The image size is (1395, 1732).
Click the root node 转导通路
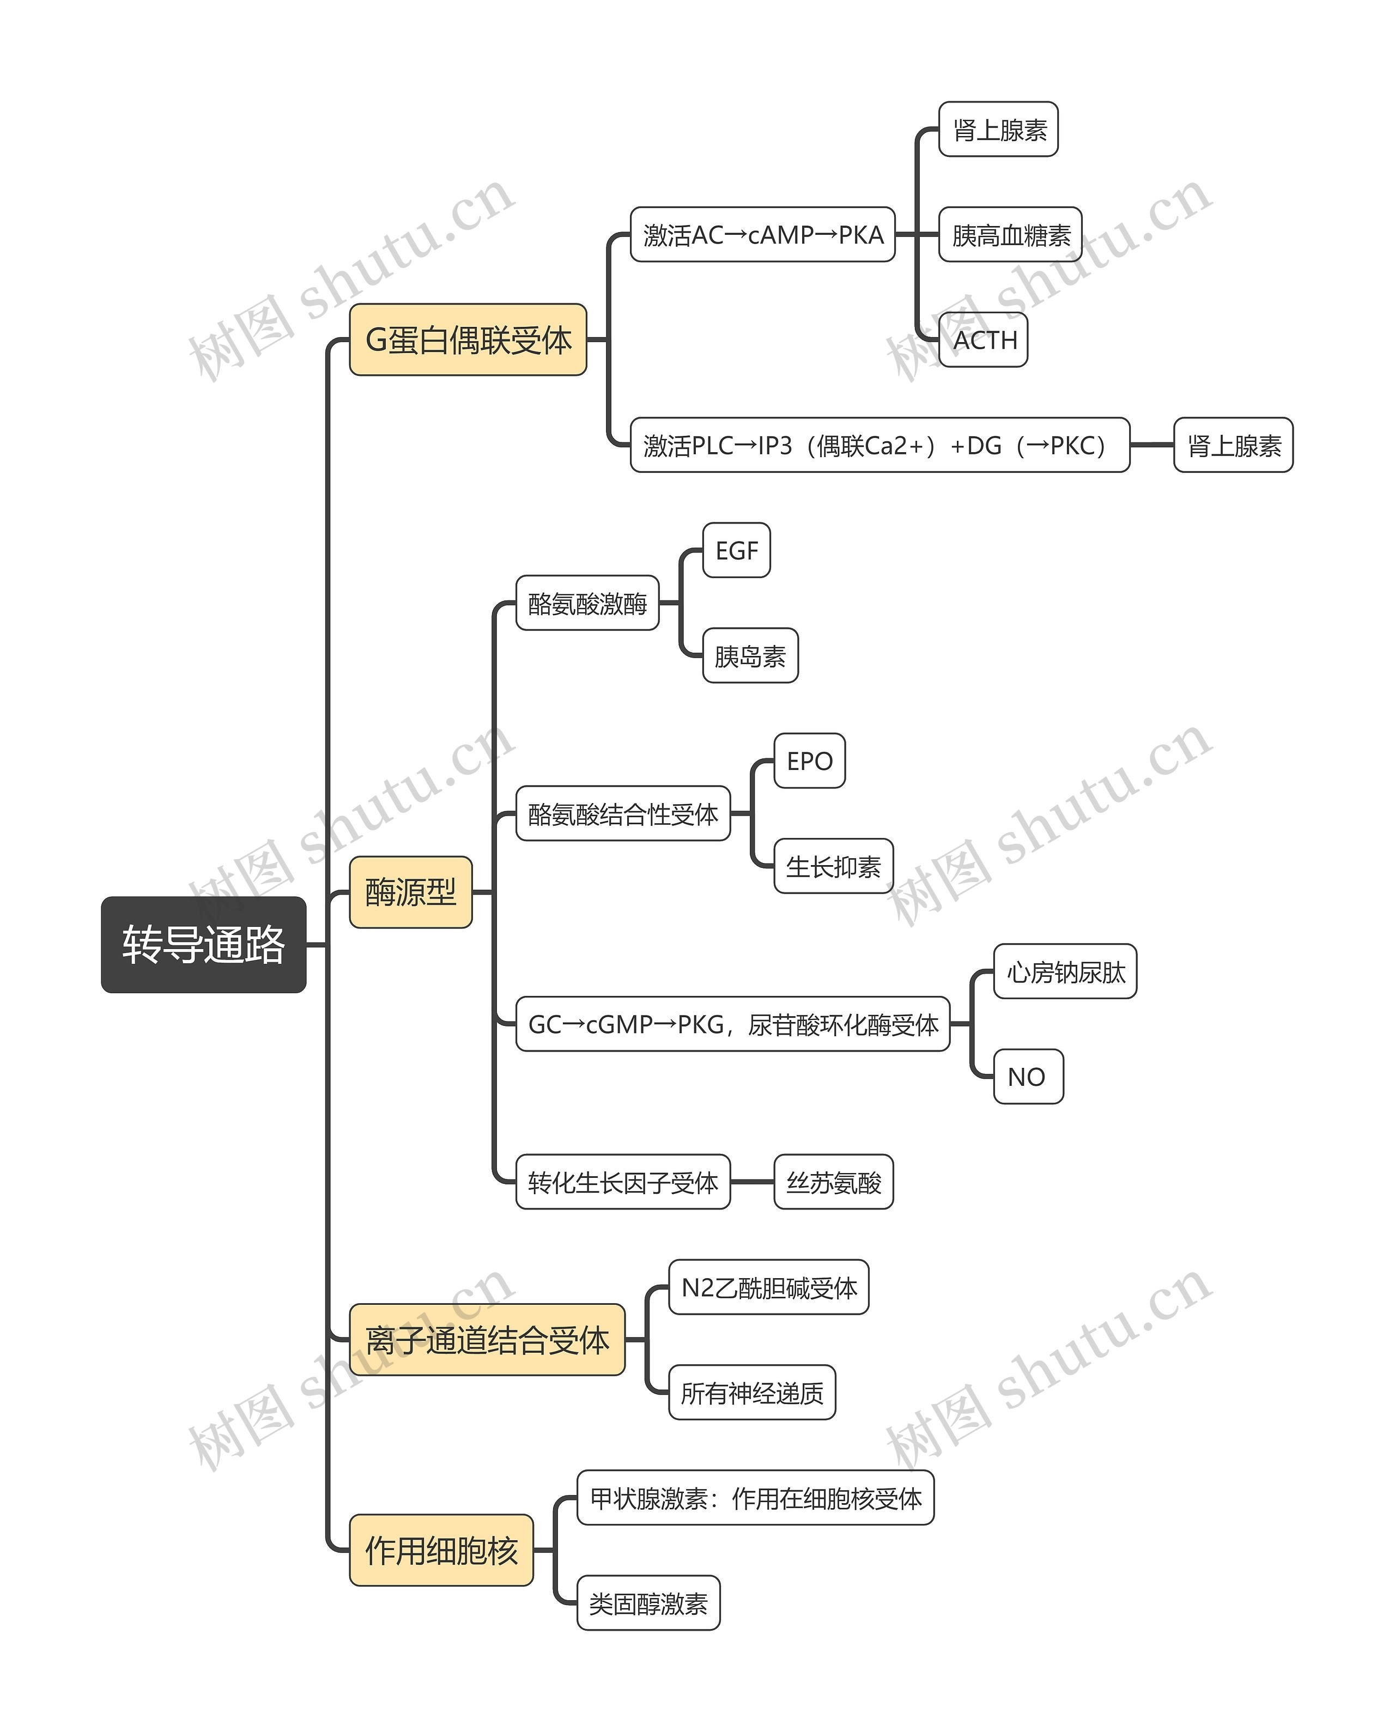(x=203, y=945)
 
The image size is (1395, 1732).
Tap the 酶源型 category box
(x=411, y=892)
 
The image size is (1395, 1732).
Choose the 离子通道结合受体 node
(x=487, y=1340)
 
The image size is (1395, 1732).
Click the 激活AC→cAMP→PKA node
(x=762, y=235)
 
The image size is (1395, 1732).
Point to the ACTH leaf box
(x=984, y=340)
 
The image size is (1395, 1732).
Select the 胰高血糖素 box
(x=1011, y=235)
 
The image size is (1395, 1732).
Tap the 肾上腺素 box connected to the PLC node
(x=1234, y=445)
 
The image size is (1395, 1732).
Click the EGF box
(x=737, y=550)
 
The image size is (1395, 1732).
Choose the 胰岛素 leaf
(x=750, y=655)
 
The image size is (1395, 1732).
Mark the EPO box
(x=810, y=761)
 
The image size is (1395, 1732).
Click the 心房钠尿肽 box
(x=1065, y=971)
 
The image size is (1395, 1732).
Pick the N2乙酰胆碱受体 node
(x=769, y=1287)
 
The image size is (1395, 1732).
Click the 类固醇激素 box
(x=648, y=1603)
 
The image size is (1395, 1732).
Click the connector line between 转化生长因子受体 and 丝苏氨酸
(x=752, y=1182)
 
